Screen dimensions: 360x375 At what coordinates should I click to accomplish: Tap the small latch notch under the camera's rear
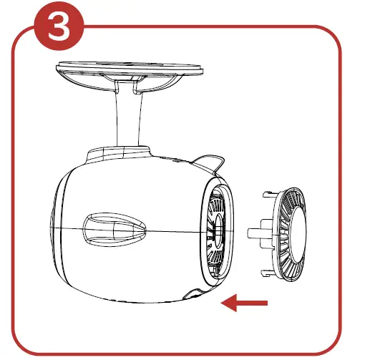[191, 294]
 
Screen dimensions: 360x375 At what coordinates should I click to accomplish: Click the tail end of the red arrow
[266, 303]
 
